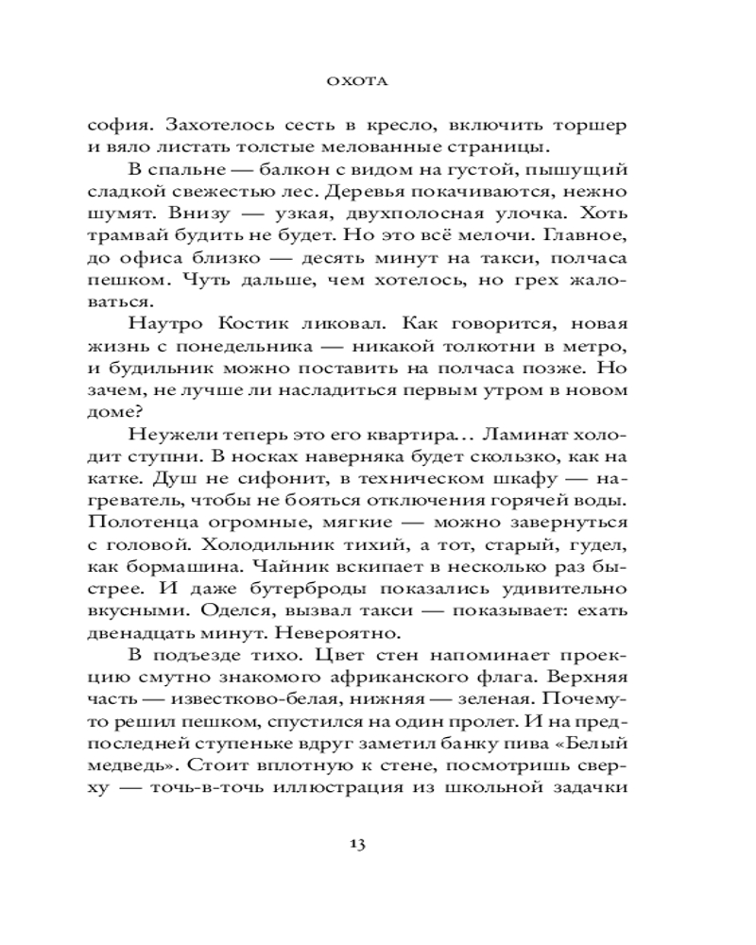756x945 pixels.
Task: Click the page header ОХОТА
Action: point(378,82)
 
